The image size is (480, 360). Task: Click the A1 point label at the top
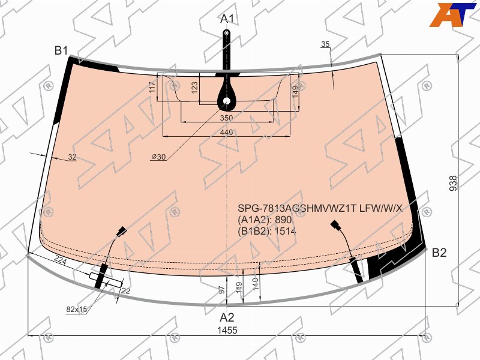point(227,19)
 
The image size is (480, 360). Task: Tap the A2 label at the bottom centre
point(227,317)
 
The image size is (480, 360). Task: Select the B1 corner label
point(61,50)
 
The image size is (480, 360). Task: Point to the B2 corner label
point(439,253)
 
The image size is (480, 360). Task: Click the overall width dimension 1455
point(227,331)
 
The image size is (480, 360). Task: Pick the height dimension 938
point(453,183)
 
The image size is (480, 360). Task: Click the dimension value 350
point(226,118)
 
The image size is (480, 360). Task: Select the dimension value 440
point(226,132)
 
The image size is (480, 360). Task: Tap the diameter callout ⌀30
point(158,157)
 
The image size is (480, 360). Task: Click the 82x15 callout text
point(77,310)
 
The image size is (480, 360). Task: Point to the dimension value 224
point(61,260)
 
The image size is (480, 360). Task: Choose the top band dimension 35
point(325,44)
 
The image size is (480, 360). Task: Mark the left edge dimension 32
point(72,157)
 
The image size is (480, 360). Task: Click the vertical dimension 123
point(194,87)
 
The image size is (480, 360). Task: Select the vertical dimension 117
point(153,87)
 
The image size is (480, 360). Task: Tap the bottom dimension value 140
point(256,284)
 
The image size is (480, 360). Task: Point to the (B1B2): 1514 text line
point(267,231)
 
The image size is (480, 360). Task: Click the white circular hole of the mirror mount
point(227,101)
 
